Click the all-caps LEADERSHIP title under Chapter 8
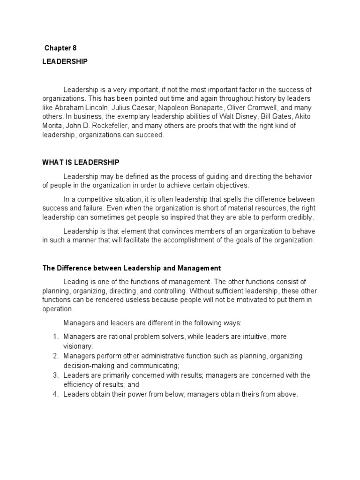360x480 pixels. point(65,61)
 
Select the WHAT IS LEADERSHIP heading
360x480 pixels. point(81,162)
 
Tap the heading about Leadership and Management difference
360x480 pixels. point(132,268)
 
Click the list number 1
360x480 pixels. point(55,337)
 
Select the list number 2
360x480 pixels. point(55,356)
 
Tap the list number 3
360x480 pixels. point(55,375)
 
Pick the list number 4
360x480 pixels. point(55,395)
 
